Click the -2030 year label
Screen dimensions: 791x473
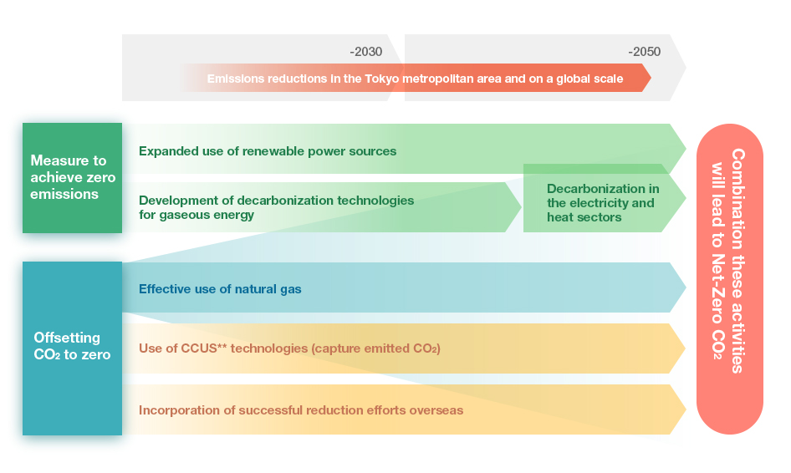[365, 52]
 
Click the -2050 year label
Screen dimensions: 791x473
[644, 52]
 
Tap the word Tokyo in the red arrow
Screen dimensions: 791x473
[382, 79]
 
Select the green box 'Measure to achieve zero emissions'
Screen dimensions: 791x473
[72, 177]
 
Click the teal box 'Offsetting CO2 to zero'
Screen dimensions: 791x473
[72, 348]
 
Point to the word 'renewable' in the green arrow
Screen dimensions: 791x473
[273, 151]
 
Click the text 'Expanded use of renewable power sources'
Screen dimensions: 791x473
[268, 151]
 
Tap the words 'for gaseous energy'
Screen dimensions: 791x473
[196, 215]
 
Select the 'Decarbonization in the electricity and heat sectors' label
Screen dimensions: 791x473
[603, 203]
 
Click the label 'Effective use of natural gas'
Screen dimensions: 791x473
[220, 289]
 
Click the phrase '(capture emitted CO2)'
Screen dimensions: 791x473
[376, 348]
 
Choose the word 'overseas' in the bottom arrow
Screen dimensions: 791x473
[436, 410]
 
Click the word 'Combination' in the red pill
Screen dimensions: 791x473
[737, 199]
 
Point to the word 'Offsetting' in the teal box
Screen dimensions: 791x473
[67, 338]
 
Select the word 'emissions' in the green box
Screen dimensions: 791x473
[64, 194]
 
